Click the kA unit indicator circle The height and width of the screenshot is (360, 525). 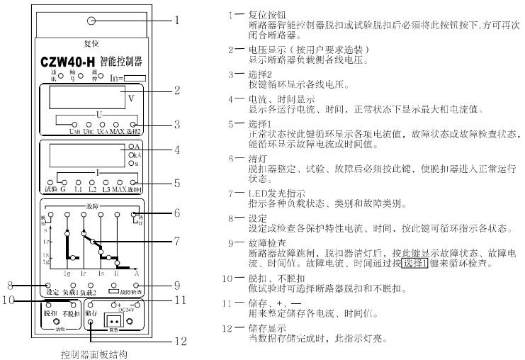coord(131,154)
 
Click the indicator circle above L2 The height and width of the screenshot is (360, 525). coord(87,182)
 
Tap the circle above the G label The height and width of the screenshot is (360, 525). coord(62,182)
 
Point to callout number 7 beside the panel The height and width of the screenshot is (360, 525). coord(178,241)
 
